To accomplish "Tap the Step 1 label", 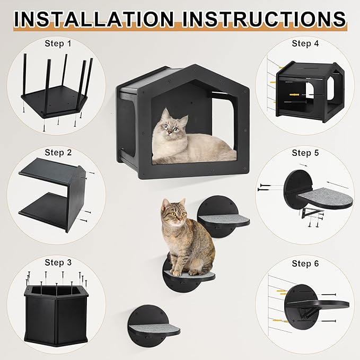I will coord(58,42).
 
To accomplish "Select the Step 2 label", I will coord(58,152).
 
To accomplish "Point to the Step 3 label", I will coord(58,262).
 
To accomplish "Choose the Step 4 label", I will coord(305,43).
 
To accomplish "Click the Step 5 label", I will coord(305,153).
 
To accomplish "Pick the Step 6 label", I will coord(305,263).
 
